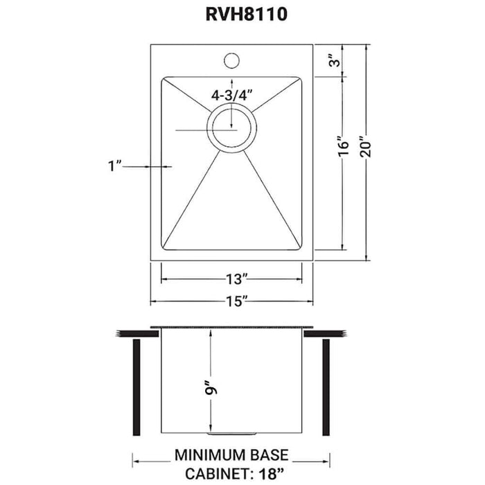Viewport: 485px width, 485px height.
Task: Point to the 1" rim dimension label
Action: (115, 165)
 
